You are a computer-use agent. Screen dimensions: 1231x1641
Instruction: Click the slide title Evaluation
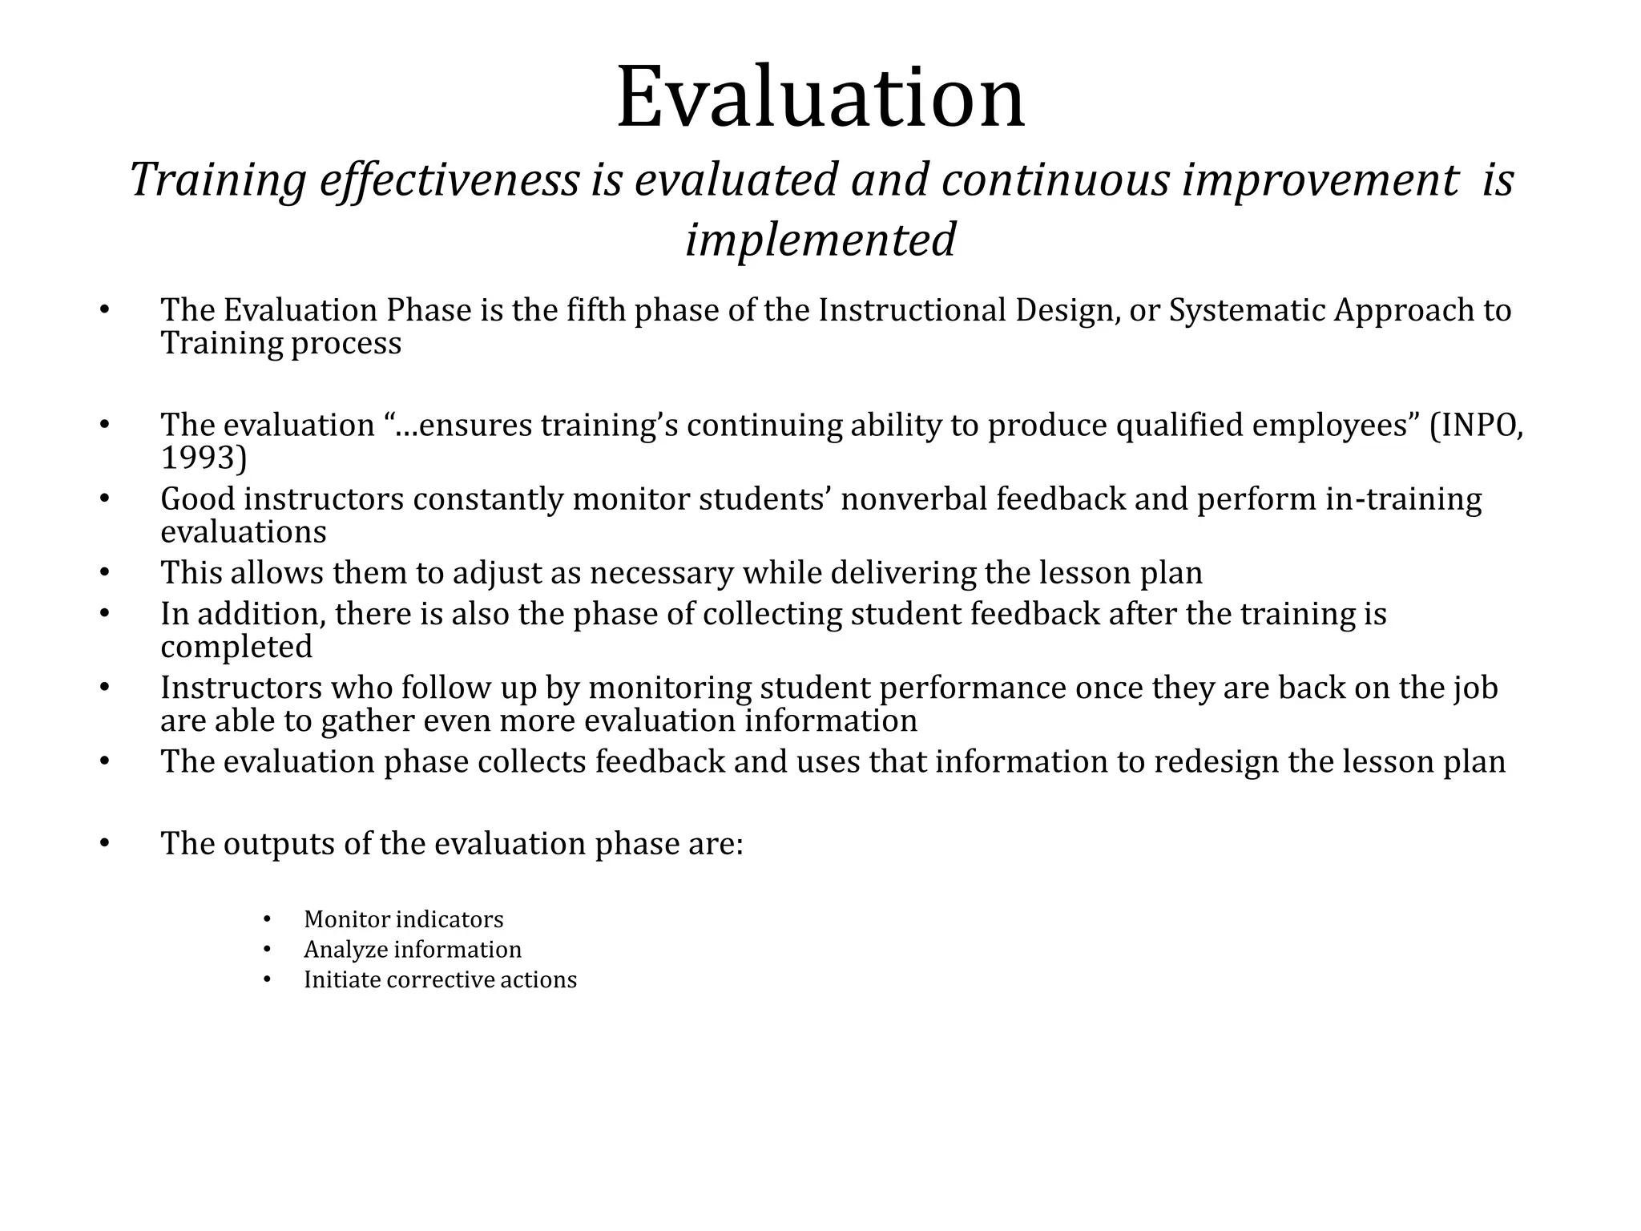[x=820, y=98]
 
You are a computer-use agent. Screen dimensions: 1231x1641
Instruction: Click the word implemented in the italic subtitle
[x=820, y=240]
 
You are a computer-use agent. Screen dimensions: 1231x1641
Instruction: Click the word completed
[x=236, y=647]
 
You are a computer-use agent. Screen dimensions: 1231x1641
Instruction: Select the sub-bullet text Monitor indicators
[x=404, y=919]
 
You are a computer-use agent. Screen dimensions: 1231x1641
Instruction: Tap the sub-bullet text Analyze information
[x=413, y=950]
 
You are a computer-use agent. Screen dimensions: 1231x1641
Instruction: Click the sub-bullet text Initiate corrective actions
[x=440, y=980]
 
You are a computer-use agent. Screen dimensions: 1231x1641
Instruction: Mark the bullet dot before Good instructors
[x=104, y=499]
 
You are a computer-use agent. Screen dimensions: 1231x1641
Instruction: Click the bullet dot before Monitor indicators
[x=268, y=919]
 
